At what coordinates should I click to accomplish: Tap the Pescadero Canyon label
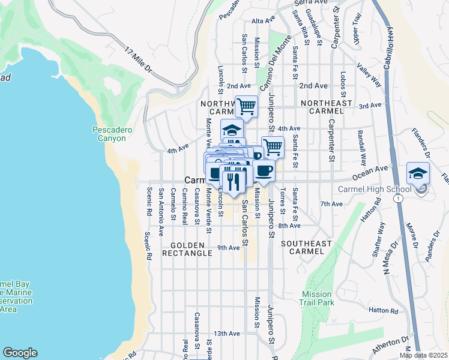pyautogui.click(x=109, y=133)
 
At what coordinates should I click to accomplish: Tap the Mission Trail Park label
pyautogui.click(x=317, y=298)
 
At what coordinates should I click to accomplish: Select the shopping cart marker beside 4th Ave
pyautogui.click(x=273, y=146)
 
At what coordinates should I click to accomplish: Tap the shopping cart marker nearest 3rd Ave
pyautogui.click(x=246, y=107)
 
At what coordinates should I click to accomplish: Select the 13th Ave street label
pyautogui.click(x=227, y=333)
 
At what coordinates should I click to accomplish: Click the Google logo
pyautogui.click(x=20, y=352)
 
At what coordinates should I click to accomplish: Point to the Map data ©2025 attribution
pyautogui.click(x=423, y=355)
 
